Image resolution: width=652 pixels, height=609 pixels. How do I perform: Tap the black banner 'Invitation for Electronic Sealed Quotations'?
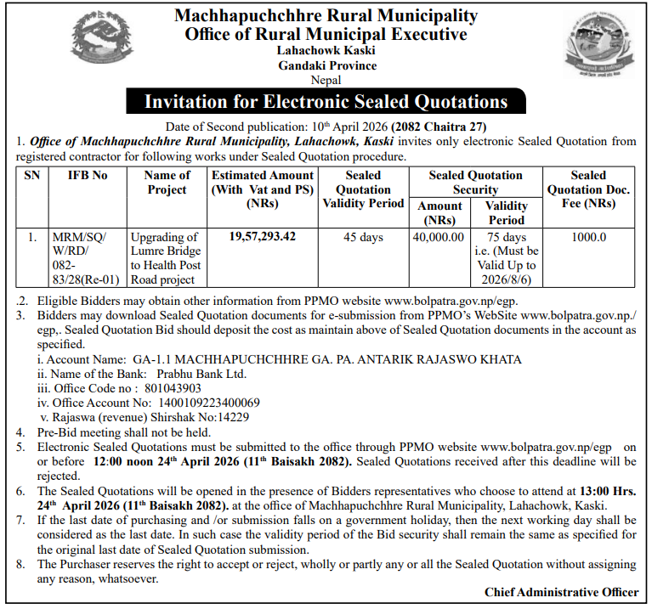(x=326, y=102)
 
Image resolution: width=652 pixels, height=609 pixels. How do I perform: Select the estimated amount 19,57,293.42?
(x=263, y=237)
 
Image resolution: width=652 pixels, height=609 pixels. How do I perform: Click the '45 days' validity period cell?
(x=363, y=238)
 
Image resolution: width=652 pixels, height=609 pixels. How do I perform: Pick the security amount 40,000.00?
(x=438, y=238)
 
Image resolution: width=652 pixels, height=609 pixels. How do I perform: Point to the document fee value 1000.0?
(x=588, y=238)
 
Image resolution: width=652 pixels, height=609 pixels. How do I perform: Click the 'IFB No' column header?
(x=88, y=176)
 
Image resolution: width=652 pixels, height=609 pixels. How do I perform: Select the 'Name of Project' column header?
(x=167, y=183)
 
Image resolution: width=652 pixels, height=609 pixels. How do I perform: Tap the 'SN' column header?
(x=31, y=176)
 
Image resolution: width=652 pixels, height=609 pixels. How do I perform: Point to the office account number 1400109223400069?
(x=205, y=403)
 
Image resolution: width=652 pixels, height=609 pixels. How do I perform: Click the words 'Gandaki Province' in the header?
(x=326, y=65)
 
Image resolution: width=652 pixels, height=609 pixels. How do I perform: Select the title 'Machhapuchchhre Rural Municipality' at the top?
(x=326, y=15)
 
